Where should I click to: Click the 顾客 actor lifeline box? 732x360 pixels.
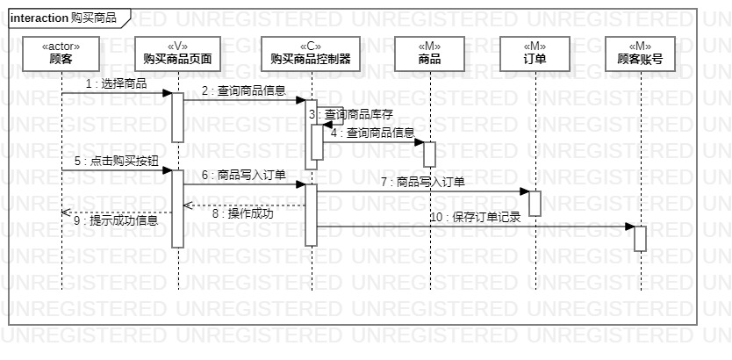(61, 53)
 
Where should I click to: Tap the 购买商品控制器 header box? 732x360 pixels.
(311, 53)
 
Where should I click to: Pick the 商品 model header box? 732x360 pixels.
(430, 53)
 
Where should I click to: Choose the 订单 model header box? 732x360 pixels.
(535, 53)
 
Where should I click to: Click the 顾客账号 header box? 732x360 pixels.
(640, 53)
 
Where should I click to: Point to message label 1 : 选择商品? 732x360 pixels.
(116, 83)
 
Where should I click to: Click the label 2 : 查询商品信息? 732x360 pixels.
(244, 90)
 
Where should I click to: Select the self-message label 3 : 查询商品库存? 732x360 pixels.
(351, 114)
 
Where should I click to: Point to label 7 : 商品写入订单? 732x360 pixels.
(422, 182)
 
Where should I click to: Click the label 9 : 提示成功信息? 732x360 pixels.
(116, 220)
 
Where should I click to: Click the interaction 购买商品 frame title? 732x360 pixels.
(63, 18)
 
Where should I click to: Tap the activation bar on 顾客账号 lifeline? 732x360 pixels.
(640, 238)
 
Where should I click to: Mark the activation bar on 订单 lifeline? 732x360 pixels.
(535, 203)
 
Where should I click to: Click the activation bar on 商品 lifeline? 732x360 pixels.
(429, 154)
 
